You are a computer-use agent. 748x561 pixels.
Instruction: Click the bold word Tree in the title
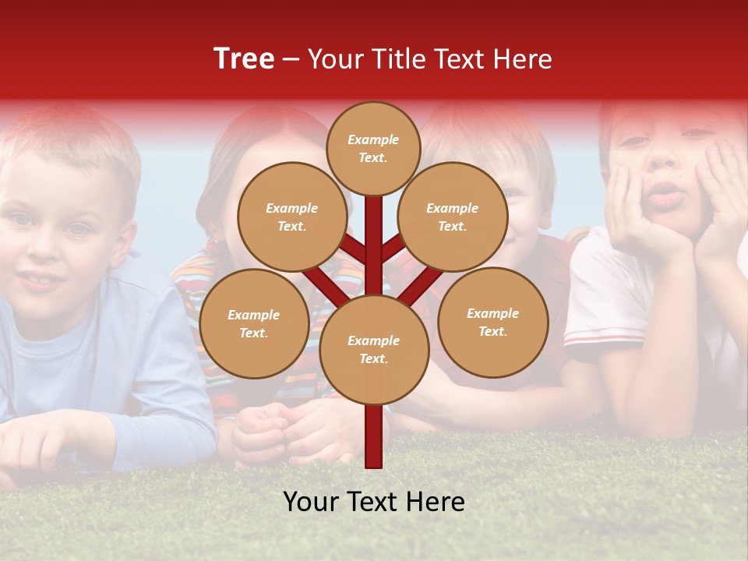tap(244, 59)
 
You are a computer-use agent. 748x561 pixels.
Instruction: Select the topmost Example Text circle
tap(373, 148)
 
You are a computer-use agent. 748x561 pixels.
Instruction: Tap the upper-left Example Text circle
tap(292, 217)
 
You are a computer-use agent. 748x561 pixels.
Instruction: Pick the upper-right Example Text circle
tap(453, 217)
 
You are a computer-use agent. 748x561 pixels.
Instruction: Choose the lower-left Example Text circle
tap(254, 323)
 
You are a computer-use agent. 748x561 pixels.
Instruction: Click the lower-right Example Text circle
tap(493, 322)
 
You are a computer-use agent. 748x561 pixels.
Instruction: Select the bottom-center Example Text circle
tap(374, 349)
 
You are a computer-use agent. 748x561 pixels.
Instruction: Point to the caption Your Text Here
tap(374, 502)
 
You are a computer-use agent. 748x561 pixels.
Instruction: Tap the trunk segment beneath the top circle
tap(374, 234)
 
